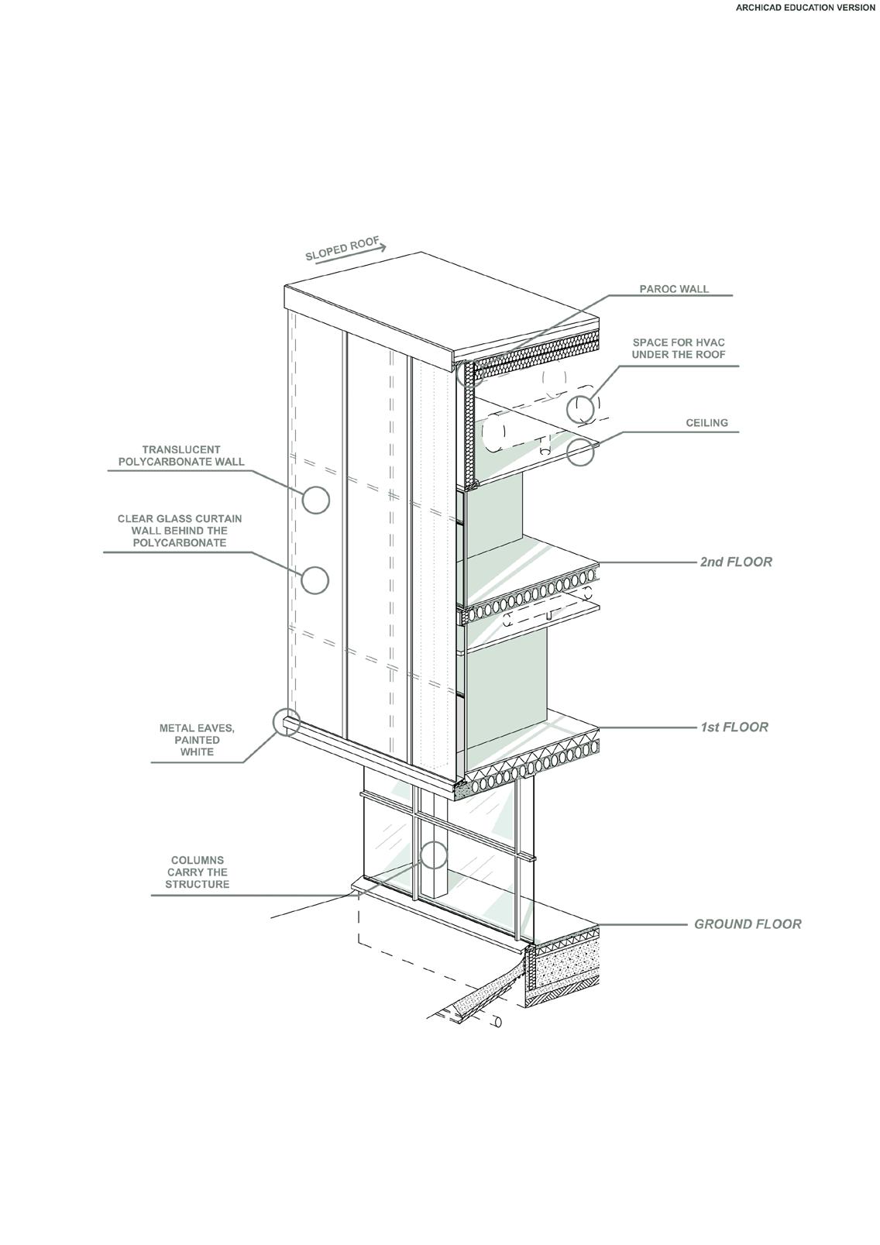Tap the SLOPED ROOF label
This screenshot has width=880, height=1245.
tap(341, 249)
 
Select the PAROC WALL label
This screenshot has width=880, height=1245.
tap(674, 289)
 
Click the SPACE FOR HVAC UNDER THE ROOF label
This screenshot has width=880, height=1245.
tap(679, 349)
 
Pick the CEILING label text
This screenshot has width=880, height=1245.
tap(706, 423)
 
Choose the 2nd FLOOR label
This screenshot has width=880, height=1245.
tap(736, 562)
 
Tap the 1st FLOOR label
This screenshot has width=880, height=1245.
tap(734, 727)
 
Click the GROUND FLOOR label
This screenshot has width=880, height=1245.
tap(748, 923)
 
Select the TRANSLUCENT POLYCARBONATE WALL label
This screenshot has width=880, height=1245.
tap(181, 456)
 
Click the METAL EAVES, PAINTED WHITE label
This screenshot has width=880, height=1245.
tap(197, 740)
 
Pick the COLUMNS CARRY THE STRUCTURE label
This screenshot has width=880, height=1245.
tap(198, 872)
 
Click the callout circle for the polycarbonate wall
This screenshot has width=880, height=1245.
tap(315, 500)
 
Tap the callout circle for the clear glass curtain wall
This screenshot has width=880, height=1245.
tap(315, 580)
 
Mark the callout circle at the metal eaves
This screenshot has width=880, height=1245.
tap(287, 721)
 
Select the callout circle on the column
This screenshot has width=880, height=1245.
tap(434, 855)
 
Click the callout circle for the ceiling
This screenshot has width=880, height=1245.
tap(580, 452)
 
